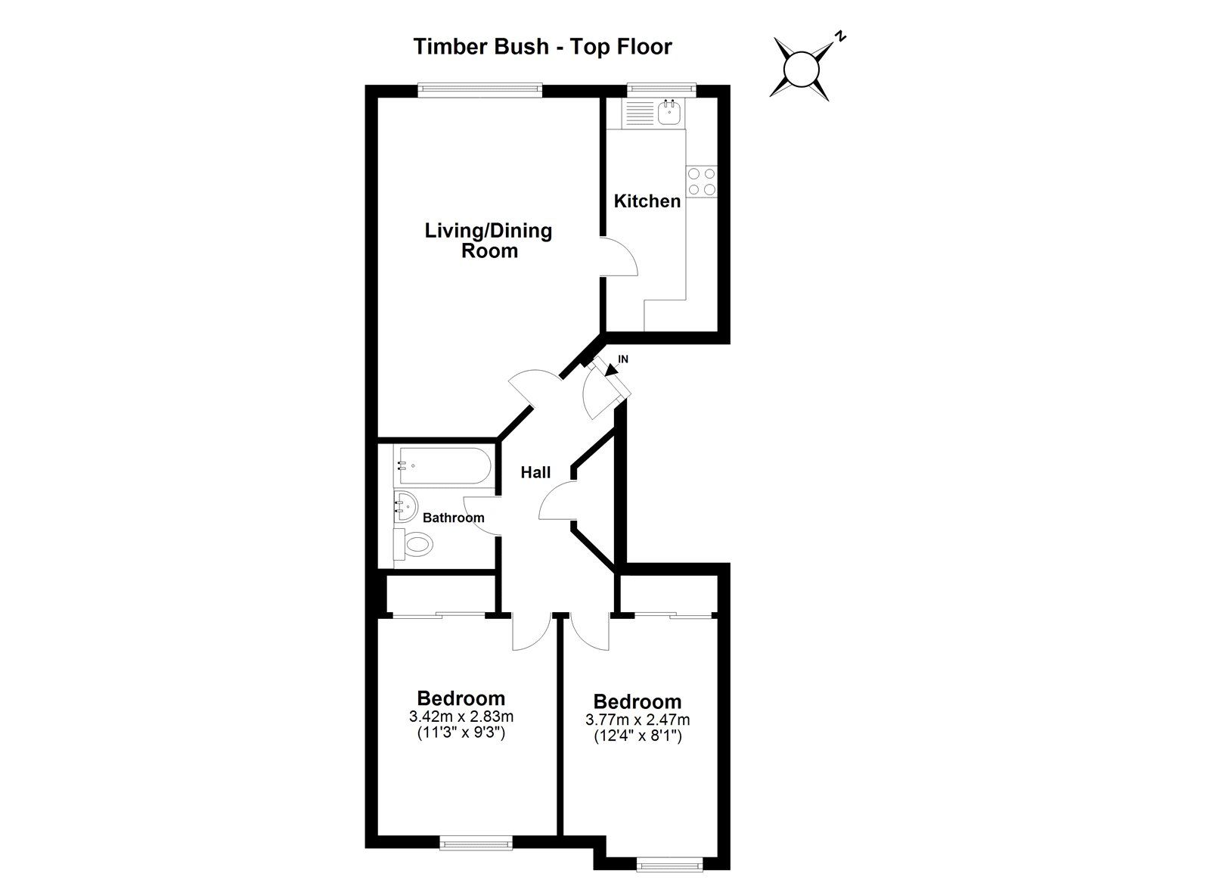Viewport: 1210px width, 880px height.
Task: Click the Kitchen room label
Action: tap(647, 201)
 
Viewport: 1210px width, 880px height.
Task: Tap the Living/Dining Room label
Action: tap(489, 241)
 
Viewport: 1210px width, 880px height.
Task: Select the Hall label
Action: tap(535, 472)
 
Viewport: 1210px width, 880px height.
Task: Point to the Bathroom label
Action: tap(453, 518)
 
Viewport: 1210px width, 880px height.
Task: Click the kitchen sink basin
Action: tap(670, 113)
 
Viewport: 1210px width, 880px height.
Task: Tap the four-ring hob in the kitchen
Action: tap(701, 182)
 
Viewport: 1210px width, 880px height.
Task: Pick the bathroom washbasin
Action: tap(405, 506)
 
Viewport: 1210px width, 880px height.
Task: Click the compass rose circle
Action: tap(802, 70)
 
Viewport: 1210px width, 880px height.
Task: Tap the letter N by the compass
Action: tap(840, 37)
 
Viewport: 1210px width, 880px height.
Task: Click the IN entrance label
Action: tap(623, 359)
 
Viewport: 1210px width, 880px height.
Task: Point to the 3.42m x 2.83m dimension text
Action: tap(461, 717)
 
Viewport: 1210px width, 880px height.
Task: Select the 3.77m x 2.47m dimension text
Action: tap(638, 720)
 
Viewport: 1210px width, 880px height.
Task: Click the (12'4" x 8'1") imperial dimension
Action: tap(638, 736)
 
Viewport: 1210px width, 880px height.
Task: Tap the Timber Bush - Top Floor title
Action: tap(542, 46)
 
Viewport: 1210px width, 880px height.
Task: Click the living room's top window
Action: tap(479, 90)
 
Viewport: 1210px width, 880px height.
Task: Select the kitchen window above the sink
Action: tap(661, 90)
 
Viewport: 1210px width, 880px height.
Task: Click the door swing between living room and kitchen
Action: tap(620, 257)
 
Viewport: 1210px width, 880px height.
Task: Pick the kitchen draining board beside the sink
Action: tap(640, 113)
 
